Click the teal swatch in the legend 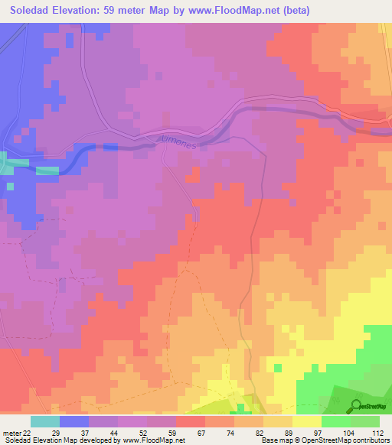coord(45,421)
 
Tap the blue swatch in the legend coord(74,421)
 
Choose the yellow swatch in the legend coord(306,421)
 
